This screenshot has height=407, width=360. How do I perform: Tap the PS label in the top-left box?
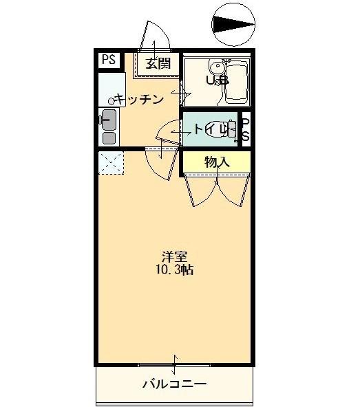pyautogui.click(x=109, y=60)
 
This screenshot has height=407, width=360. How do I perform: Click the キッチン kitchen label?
pyautogui.click(x=140, y=99)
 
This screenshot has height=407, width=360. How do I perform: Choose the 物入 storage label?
pyautogui.click(x=216, y=162)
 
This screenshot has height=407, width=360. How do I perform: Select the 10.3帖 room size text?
pyautogui.click(x=174, y=269)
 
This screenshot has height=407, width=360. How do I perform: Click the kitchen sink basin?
pyautogui.click(x=109, y=88)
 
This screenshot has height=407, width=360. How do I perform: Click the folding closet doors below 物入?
pyautogui.click(x=217, y=189)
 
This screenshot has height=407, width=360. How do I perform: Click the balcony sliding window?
pyautogui.click(x=175, y=364)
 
